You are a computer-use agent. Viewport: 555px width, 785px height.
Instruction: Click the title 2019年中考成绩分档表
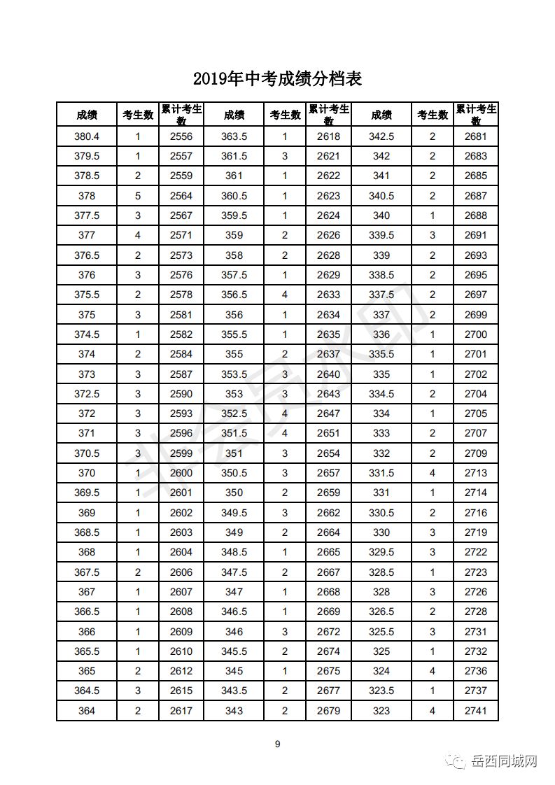tap(277, 78)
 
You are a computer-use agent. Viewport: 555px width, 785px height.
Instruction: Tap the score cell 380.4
tap(87, 136)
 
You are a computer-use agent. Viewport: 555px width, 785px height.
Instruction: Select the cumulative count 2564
tap(181, 196)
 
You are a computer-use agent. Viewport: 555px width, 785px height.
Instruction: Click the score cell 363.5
tap(234, 136)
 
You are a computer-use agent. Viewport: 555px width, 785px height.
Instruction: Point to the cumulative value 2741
tap(476, 712)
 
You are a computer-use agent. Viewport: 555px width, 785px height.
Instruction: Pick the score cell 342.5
tap(381, 136)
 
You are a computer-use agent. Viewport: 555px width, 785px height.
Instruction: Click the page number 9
tap(277, 744)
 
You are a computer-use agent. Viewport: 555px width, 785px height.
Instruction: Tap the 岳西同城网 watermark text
tap(504, 761)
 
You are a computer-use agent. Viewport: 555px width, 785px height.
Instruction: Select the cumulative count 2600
tap(181, 473)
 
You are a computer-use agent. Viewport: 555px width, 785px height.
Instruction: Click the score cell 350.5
tap(234, 473)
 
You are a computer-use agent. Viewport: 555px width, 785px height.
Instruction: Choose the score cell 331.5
tap(381, 473)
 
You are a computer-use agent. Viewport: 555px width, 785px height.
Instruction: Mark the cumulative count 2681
tap(476, 136)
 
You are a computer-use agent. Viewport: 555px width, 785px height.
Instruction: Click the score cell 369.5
tap(87, 493)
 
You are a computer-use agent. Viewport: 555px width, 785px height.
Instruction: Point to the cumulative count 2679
tap(328, 712)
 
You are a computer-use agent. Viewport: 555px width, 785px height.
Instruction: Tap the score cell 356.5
tap(234, 295)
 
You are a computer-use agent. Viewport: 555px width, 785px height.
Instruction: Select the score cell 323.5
tap(381, 691)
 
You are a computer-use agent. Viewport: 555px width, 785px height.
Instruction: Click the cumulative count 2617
tap(181, 712)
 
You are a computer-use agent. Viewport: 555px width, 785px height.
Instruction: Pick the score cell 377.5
tap(87, 215)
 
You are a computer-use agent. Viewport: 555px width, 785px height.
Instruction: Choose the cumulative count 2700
tap(476, 334)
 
